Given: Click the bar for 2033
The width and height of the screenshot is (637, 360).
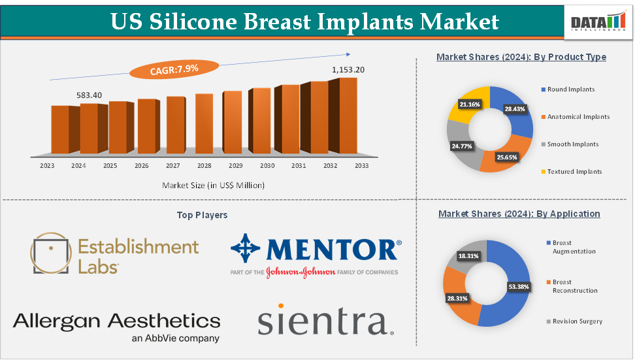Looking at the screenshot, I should [348, 114].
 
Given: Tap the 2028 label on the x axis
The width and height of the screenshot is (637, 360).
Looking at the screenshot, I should [204, 166].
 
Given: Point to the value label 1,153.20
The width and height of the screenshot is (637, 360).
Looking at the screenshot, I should [348, 69].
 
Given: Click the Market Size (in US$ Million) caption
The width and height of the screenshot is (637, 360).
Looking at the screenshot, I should [213, 186].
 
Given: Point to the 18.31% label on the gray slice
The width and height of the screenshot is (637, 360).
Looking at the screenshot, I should [467, 256].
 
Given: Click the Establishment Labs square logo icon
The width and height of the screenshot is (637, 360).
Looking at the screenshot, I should [50, 254].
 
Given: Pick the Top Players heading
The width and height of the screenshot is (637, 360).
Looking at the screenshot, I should [202, 215].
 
